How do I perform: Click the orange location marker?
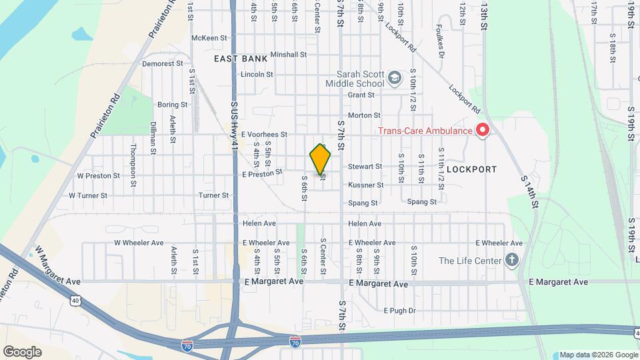click(x=320, y=159)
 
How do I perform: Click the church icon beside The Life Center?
click(x=512, y=260)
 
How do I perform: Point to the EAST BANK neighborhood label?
click(x=241, y=59)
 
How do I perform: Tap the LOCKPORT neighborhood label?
click(x=472, y=169)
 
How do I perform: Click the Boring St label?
click(x=172, y=105)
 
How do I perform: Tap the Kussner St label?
click(x=365, y=185)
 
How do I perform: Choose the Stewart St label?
click(x=365, y=166)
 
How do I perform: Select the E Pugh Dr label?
click(x=399, y=310)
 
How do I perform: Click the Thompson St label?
click(x=133, y=157)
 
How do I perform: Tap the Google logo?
click(x=23, y=351)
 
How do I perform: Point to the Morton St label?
click(x=364, y=115)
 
